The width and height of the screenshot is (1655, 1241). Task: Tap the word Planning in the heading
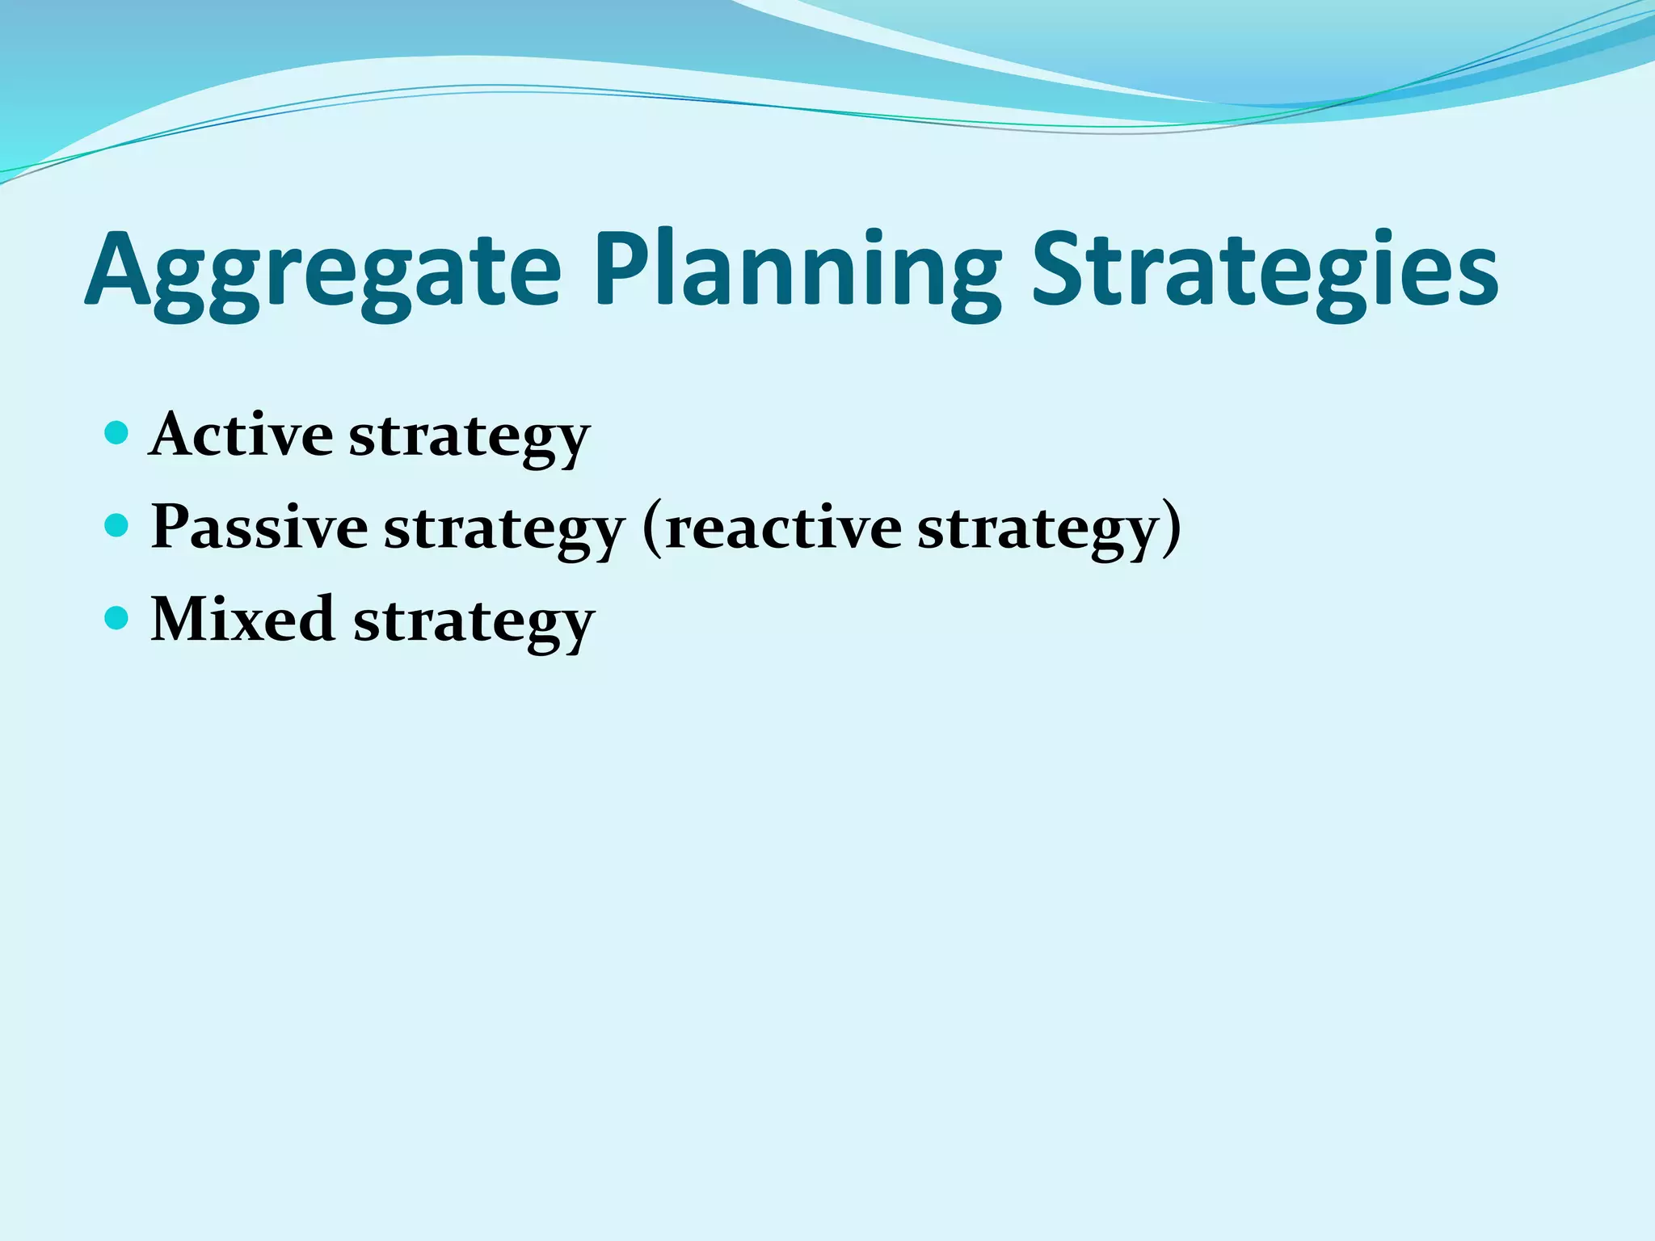[796, 271]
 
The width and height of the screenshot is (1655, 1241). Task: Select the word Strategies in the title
[1265, 271]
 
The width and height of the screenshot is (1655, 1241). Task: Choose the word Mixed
[242, 619]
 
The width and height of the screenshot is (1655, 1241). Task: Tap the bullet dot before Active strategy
[117, 433]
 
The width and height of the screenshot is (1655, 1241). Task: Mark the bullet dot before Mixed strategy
[117, 619]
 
